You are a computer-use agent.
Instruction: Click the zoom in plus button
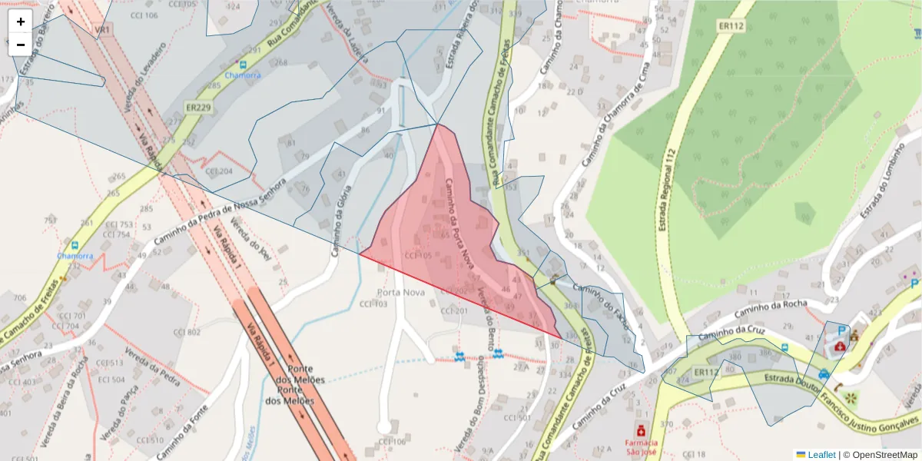coord(21,22)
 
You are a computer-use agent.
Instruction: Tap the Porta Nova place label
coord(401,293)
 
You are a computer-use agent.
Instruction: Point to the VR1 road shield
coord(102,29)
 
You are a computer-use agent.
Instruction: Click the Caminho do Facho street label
coord(602,307)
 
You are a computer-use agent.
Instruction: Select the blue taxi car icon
coord(824,374)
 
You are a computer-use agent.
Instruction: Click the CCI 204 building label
coord(219,171)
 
